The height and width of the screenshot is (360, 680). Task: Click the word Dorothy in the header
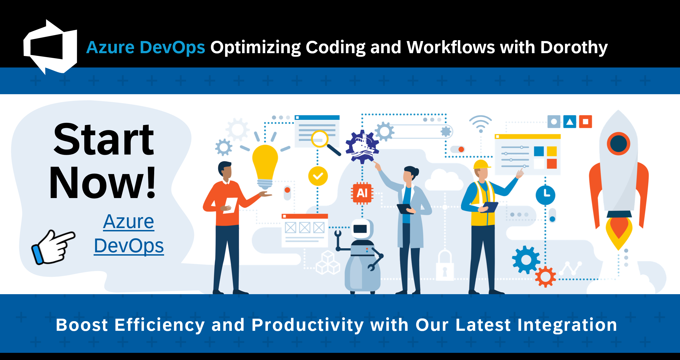point(574,47)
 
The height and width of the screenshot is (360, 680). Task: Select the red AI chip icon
point(362,193)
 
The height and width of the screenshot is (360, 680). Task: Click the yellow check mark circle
point(318,176)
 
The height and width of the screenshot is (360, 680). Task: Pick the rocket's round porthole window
point(618,144)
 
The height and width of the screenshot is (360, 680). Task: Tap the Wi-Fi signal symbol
point(481,124)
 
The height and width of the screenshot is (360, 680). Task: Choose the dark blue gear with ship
point(362,146)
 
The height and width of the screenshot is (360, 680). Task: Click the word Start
point(104,140)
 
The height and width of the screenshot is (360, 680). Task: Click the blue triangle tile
point(570,122)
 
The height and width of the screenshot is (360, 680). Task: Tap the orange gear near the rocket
point(545,277)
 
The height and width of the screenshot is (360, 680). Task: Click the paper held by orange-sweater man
point(231,205)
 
